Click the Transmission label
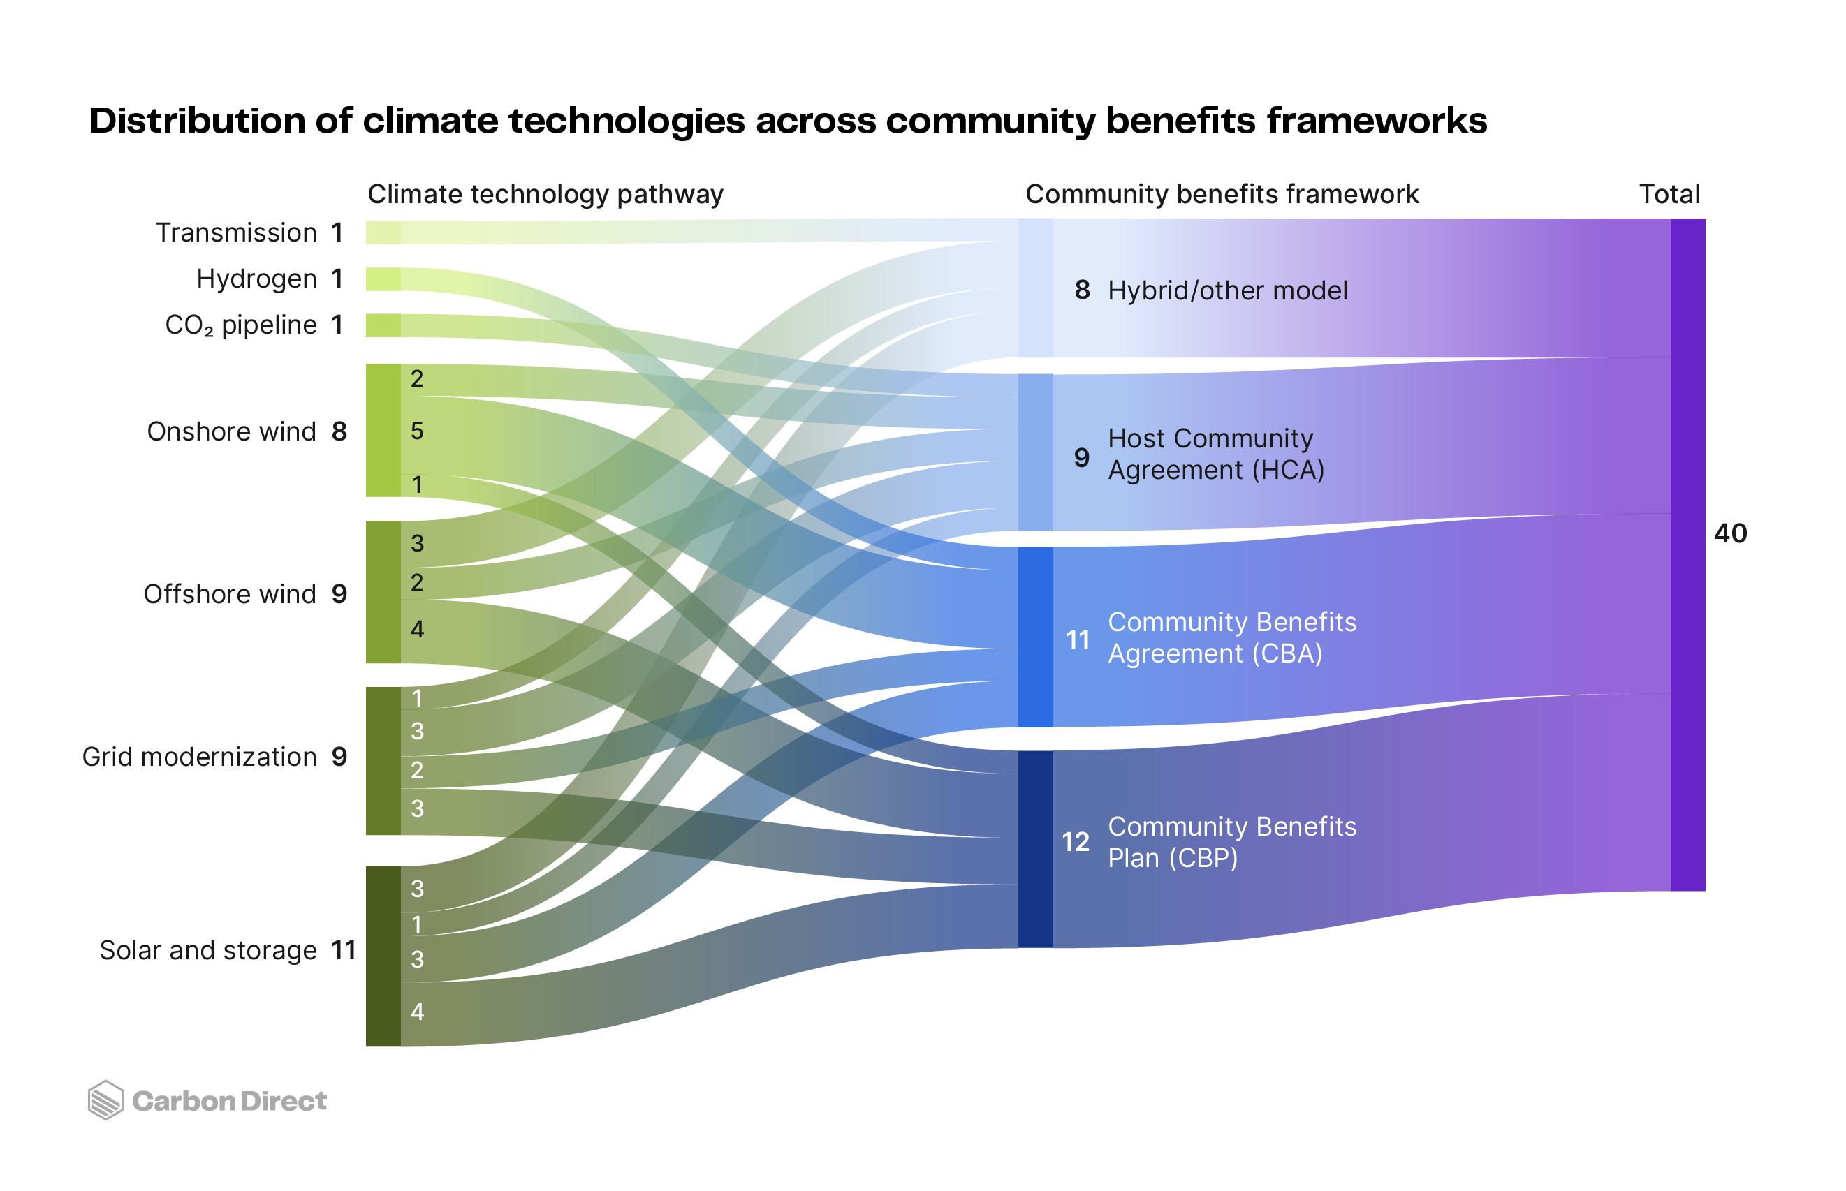click(x=236, y=232)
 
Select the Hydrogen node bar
click(x=383, y=279)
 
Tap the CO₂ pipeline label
click(x=240, y=325)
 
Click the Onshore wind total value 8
click(x=339, y=431)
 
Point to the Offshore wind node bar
click(x=383, y=593)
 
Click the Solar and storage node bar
click(x=383, y=956)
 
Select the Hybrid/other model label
click(x=1227, y=291)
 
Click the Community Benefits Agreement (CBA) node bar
click(x=1035, y=637)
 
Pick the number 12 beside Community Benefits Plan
click(x=1076, y=842)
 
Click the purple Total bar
click(x=1687, y=554)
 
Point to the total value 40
click(x=1730, y=533)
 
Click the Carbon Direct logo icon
click(x=105, y=1100)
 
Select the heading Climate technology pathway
click(x=545, y=194)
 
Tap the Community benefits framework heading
click(x=1222, y=194)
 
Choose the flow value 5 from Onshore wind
click(x=417, y=431)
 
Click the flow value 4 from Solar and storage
click(x=417, y=1012)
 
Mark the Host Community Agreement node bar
click(x=1035, y=453)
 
